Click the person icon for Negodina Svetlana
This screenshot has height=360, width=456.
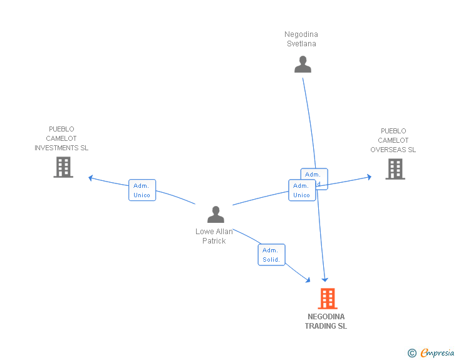303,64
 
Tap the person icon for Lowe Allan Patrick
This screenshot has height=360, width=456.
215,215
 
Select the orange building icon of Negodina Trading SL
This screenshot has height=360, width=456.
327,299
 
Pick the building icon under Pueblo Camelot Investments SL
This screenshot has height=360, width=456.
63,167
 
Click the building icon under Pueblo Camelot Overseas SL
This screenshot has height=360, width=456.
395,169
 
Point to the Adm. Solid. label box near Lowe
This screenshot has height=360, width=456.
271,255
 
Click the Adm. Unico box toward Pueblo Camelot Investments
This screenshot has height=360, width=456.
142,190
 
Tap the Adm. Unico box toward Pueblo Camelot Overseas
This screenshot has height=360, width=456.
301,190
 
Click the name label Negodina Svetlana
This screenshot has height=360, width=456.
301,39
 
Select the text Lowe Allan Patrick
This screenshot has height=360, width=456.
214,236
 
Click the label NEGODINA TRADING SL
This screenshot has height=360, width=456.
326,321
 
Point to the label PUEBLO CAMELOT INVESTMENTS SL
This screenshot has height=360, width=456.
61,138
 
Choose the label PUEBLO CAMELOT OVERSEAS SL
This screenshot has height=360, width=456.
393,140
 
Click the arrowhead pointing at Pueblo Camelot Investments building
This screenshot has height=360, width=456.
91,178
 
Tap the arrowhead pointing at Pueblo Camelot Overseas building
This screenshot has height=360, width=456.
369,177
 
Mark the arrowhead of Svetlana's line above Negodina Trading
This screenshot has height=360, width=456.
325,279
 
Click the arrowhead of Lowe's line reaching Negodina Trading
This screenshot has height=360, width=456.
308,280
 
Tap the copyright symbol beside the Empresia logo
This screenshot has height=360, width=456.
412,353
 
